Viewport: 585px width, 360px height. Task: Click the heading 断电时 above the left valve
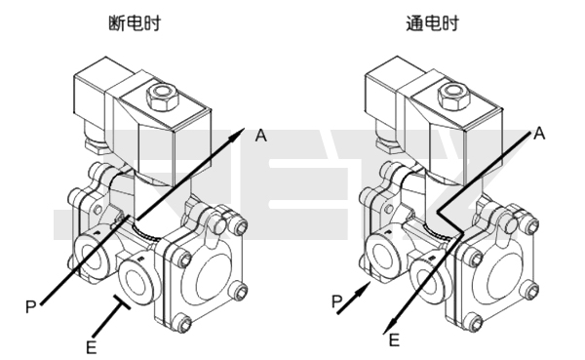142,23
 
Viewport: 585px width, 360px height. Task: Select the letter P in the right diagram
335,303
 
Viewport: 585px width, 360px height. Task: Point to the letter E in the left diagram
91,344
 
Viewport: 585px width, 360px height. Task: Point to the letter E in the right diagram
394,340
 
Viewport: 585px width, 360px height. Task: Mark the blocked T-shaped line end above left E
125,304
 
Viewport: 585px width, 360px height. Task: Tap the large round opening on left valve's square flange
211,276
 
